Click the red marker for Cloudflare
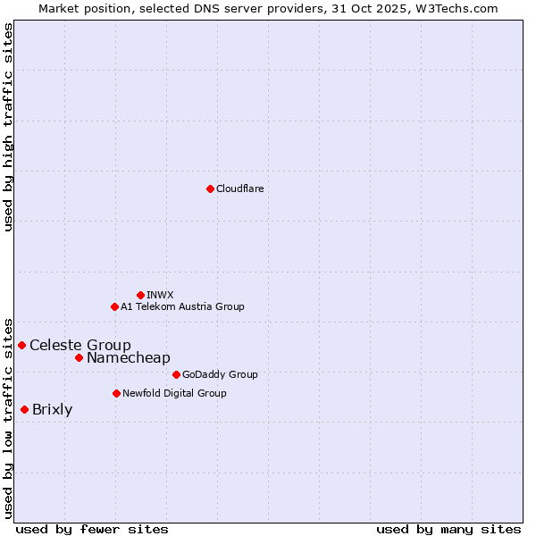click(210, 188)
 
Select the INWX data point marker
click(140, 295)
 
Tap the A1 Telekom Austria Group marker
click(114, 306)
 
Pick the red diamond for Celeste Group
click(21, 345)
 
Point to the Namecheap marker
click(79, 357)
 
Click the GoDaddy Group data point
click(176, 374)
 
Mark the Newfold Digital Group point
click(116, 393)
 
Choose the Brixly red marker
click(24, 409)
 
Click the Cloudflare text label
click(239, 188)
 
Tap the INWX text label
click(160, 295)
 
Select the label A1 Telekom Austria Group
click(182, 306)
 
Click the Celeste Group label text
click(80, 345)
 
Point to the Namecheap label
click(128, 357)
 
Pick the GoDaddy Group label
click(220, 374)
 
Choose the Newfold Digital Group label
click(174, 393)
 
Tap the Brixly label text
click(52, 410)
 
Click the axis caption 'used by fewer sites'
click(92, 529)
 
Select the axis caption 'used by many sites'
click(448, 529)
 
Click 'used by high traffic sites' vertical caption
click(8, 127)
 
